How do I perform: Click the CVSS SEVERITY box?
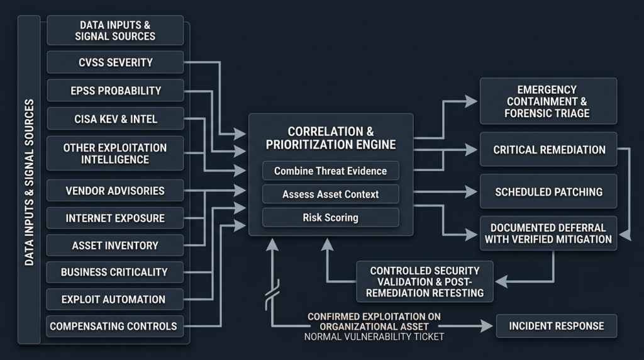click(x=115, y=62)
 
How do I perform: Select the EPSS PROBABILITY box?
click(x=115, y=91)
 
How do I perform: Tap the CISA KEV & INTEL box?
click(x=115, y=119)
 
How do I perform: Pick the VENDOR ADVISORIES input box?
click(x=115, y=190)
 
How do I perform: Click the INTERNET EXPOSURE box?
click(x=115, y=218)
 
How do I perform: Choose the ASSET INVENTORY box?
click(x=115, y=245)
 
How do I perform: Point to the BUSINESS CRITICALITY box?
click(x=115, y=272)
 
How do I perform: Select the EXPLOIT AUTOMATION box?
click(x=115, y=299)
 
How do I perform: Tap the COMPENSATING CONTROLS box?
click(x=115, y=326)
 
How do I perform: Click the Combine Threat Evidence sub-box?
click(x=331, y=171)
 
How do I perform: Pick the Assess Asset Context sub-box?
click(x=331, y=194)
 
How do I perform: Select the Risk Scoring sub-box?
click(x=331, y=217)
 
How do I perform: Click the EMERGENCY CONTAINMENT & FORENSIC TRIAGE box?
click(x=548, y=101)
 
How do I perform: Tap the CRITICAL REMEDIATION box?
click(x=548, y=150)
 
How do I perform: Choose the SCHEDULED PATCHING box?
click(x=548, y=191)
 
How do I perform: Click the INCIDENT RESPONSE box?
click(x=557, y=326)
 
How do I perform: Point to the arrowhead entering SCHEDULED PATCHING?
click(x=472, y=191)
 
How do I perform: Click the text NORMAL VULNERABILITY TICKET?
click(x=374, y=337)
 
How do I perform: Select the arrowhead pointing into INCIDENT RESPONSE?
click(x=487, y=326)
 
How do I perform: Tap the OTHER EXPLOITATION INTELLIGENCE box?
click(x=115, y=154)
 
